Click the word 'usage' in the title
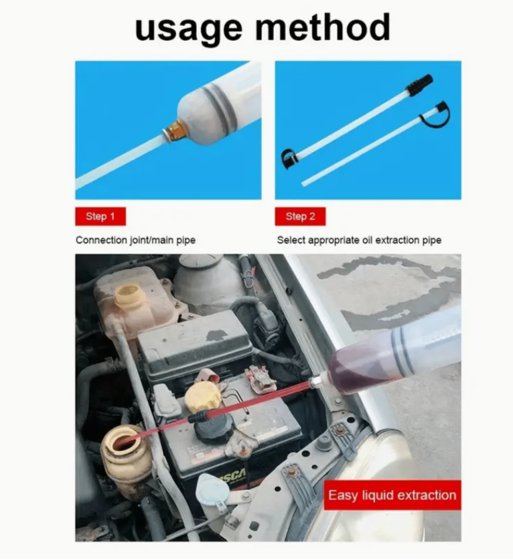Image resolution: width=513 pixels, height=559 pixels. click(189, 29)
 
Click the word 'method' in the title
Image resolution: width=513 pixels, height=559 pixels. click(323, 27)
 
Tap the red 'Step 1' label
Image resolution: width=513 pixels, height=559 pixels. click(100, 216)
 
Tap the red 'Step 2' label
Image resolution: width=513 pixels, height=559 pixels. click(300, 216)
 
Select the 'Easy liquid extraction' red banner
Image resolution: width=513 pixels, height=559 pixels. click(392, 495)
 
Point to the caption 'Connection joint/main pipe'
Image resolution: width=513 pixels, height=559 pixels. click(135, 240)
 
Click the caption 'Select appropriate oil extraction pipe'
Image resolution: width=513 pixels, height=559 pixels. click(359, 240)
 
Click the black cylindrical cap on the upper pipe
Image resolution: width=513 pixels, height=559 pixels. click(420, 84)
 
